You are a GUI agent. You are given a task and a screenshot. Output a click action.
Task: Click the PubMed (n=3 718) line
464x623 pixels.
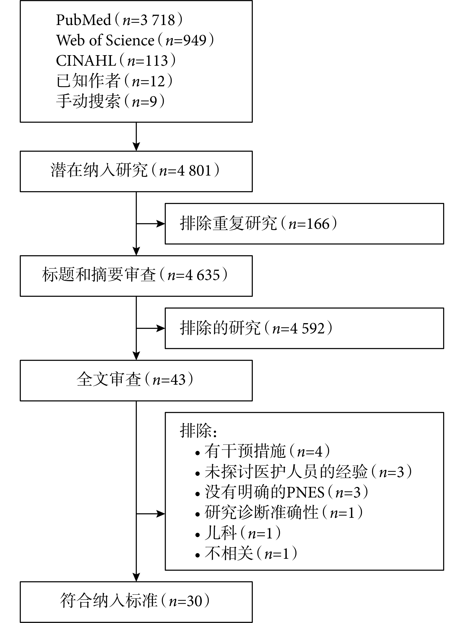[119, 20]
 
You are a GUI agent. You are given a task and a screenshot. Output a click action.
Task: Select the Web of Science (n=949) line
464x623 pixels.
[135, 40]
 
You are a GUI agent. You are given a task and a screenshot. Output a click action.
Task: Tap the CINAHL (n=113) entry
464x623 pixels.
[116, 61]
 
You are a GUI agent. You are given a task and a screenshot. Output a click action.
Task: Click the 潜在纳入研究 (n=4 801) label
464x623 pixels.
[135, 170]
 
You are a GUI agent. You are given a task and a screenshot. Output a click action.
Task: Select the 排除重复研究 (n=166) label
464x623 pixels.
[259, 224]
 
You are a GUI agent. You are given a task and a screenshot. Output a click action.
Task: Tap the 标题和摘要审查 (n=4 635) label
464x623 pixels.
[135, 275]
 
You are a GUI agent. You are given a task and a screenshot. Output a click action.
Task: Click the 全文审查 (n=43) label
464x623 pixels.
[135, 379]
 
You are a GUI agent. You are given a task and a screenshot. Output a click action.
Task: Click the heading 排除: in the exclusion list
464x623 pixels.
[198, 430]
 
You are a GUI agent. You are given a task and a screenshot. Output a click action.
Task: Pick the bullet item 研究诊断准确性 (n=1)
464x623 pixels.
[279, 512]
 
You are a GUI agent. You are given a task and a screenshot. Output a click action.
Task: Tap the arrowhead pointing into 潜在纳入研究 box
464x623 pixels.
[136, 147]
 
